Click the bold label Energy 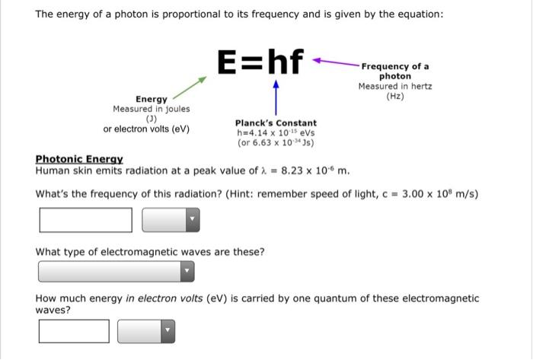coord(152,100)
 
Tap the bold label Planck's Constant coord(276,123)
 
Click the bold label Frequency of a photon coord(394,72)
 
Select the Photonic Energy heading coord(79,159)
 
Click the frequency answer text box coord(86,220)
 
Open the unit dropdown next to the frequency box coord(171,220)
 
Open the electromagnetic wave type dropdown coord(116,271)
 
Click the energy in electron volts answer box coord(75,331)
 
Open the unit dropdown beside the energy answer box coord(146,331)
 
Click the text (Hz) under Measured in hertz coord(394,97)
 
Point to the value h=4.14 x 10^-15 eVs coord(276,132)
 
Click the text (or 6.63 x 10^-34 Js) coord(276,142)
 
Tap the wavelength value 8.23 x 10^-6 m coord(316,170)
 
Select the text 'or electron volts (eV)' coord(146,129)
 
